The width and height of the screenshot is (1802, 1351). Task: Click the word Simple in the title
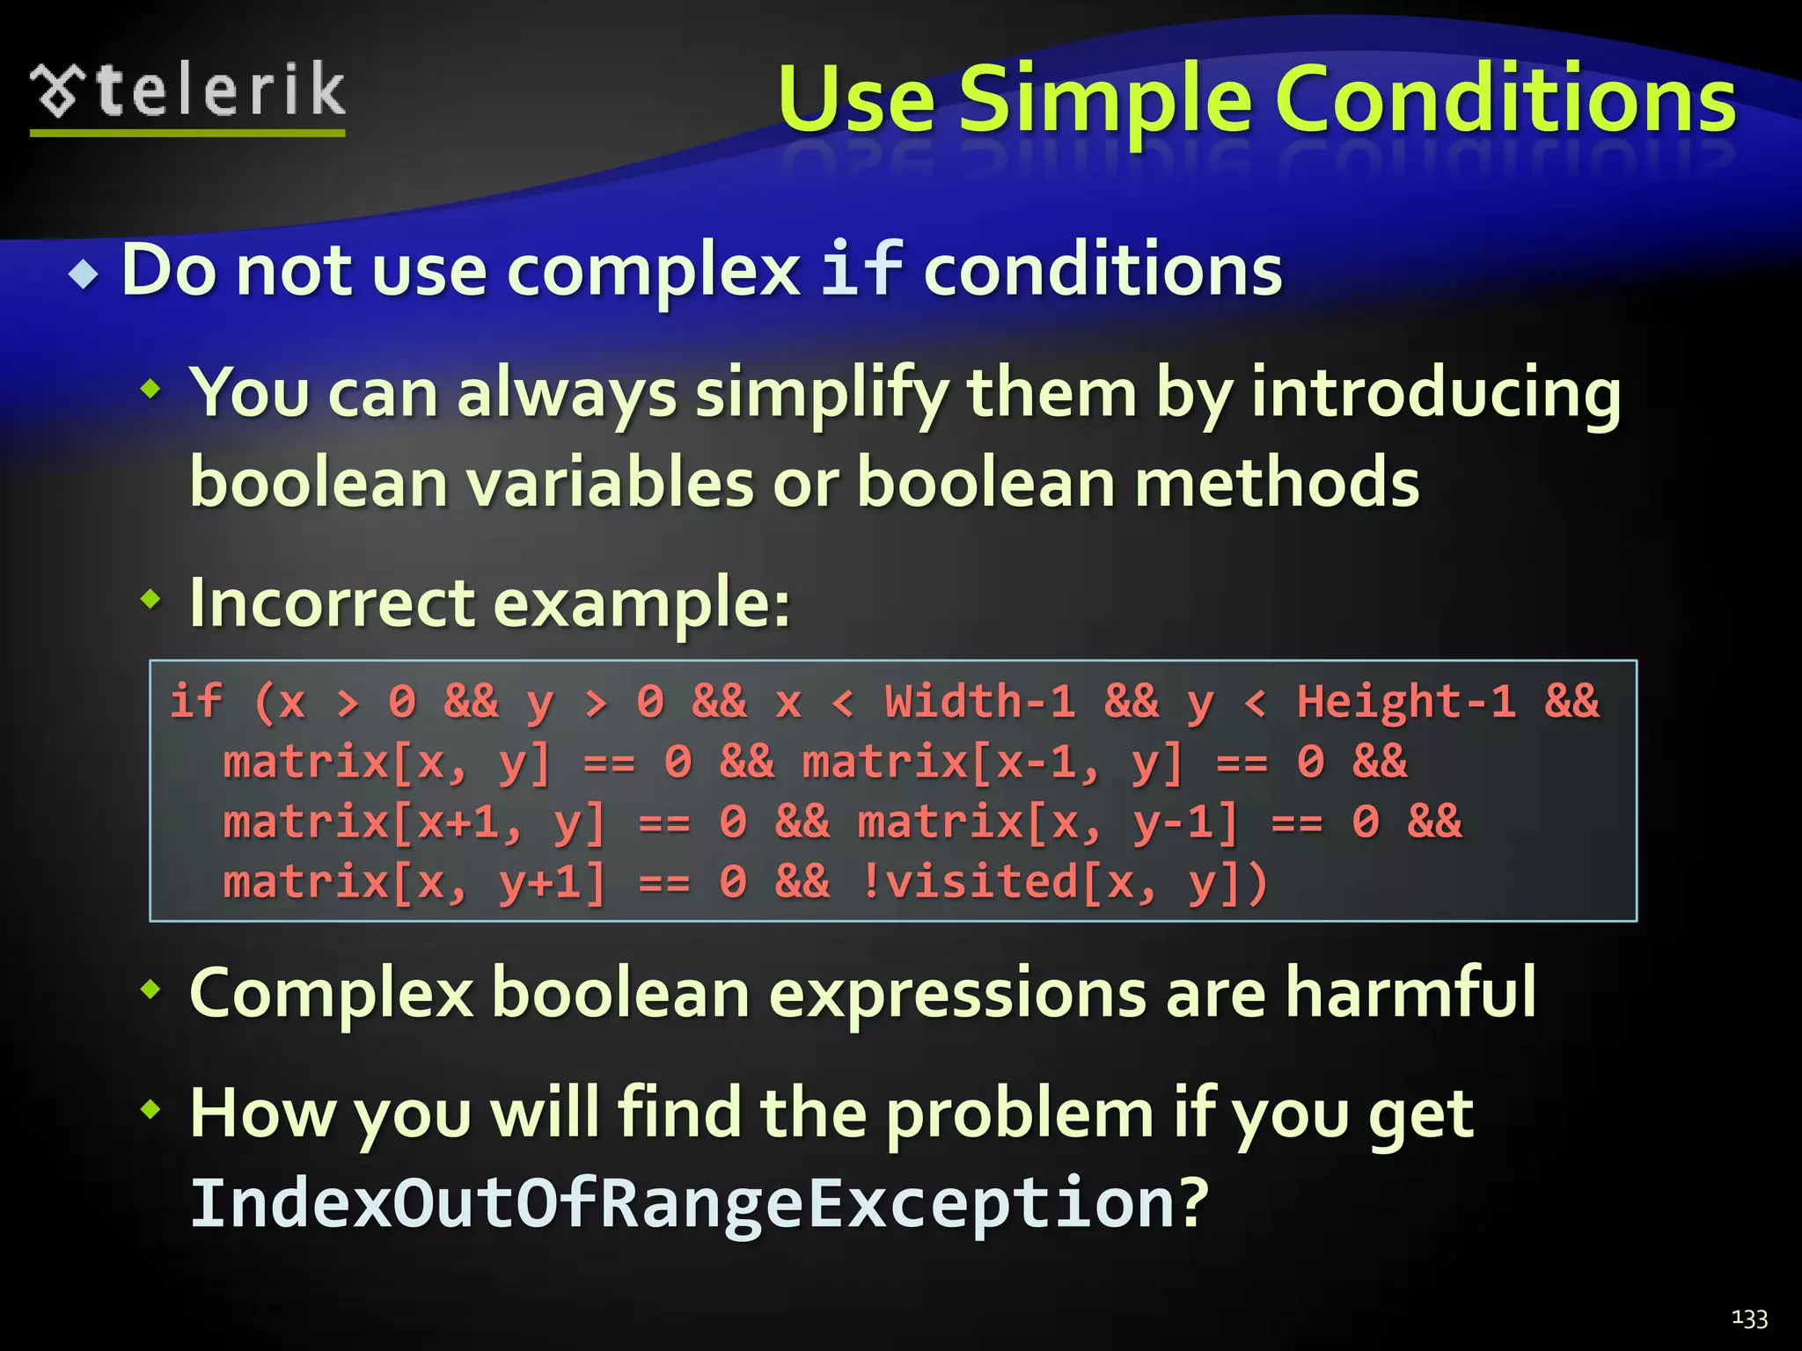(x=1103, y=101)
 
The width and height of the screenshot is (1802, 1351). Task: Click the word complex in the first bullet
(x=653, y=271)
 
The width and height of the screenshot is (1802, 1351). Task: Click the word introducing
(x=1436, y=393)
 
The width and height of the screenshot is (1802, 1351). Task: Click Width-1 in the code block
(x=979, y=702)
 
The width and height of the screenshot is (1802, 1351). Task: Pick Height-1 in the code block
(x=1405, y=702)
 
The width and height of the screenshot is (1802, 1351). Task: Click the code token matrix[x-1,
(x=950, y=762)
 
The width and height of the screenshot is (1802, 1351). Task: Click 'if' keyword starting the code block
(x=195, y=702)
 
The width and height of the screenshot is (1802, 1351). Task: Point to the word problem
(x=1019, y=1114)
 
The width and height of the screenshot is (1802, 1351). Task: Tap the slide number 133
(x=1749, y=1318)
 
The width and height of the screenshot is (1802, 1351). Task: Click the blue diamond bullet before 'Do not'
(x=84, y=274)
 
